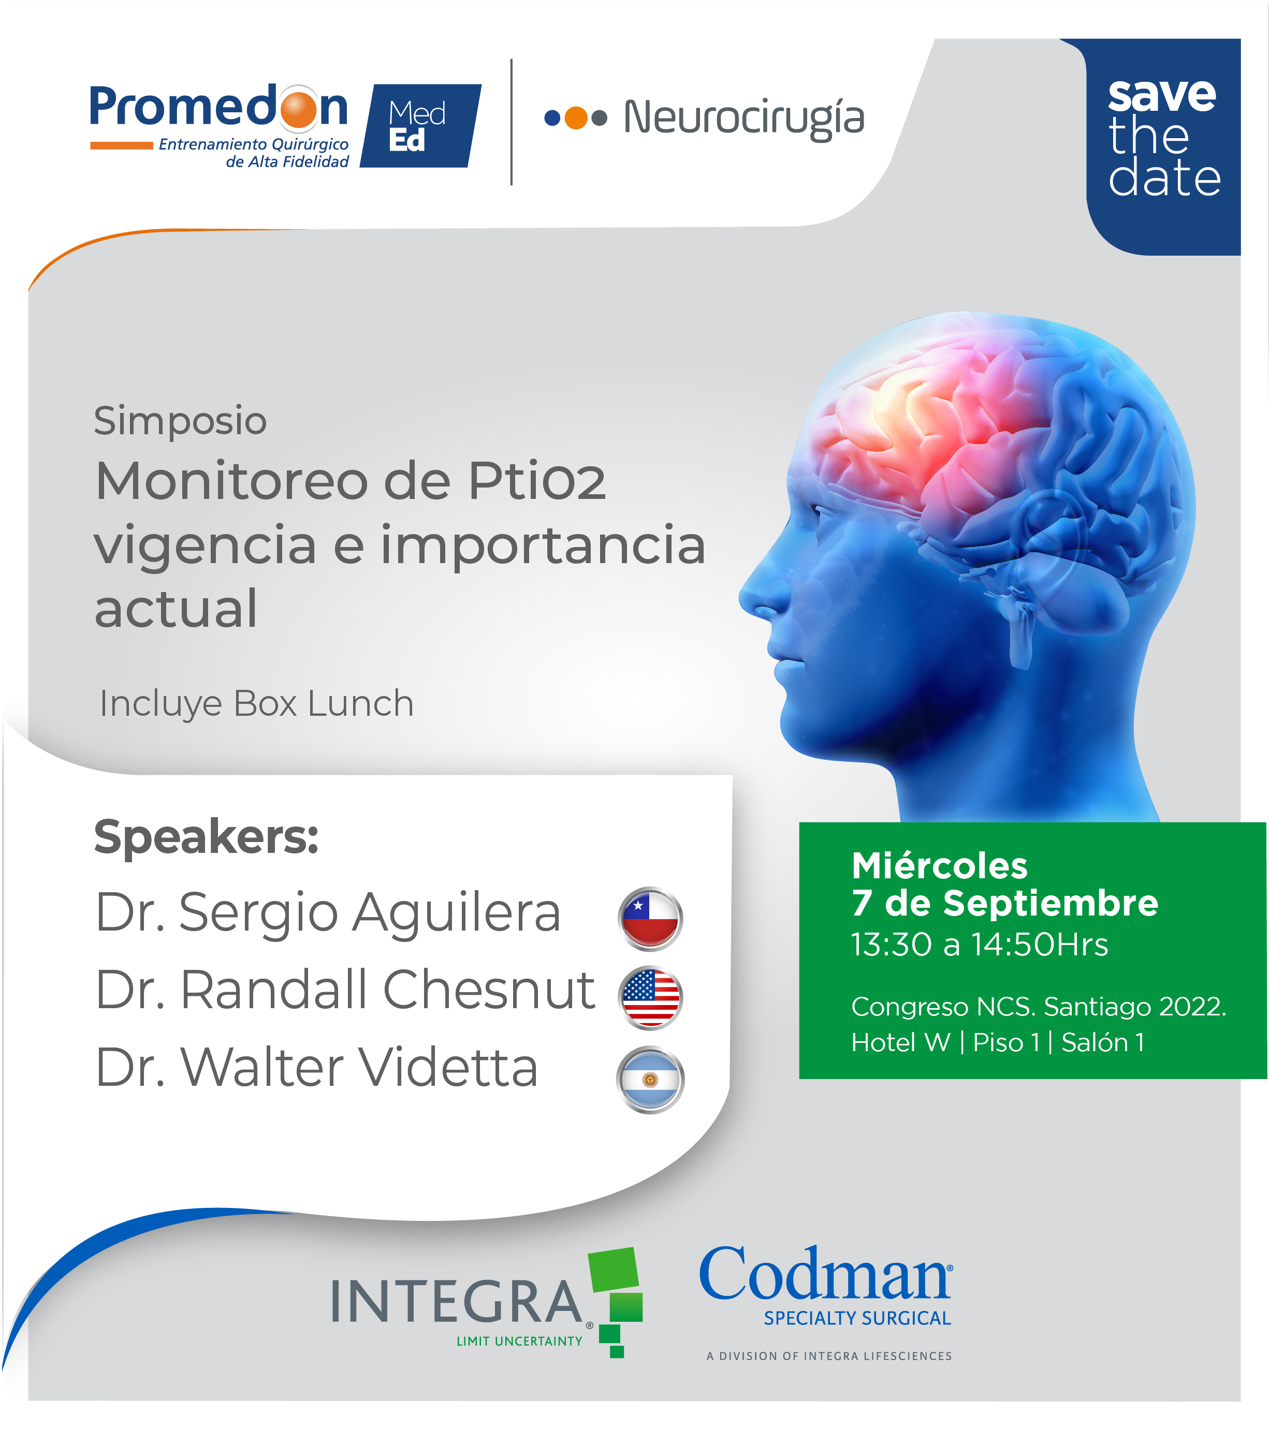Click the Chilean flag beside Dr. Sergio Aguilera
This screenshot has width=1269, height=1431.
click(x=650, y=918)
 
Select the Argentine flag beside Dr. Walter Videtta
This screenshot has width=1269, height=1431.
click(x=650, y=1079)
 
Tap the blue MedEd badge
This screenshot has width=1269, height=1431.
click(x=420, y=126)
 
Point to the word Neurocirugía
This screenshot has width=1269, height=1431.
click(x=744, y=117)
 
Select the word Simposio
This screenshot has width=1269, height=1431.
click(x=180, y=421)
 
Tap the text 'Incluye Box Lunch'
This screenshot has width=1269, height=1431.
click(x=256, y=704)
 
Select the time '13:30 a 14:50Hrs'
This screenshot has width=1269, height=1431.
click(x=979, y=945)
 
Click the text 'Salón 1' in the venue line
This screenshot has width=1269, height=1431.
click(x=1103, y=1042)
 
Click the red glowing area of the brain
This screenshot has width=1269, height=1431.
click(x=939, y=420)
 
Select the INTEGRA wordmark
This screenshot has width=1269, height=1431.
click(x=457, y=1302)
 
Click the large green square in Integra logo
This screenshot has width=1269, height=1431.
click(x=614, y=1270)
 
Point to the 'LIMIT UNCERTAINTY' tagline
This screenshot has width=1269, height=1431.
click(x=519, y=1341)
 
